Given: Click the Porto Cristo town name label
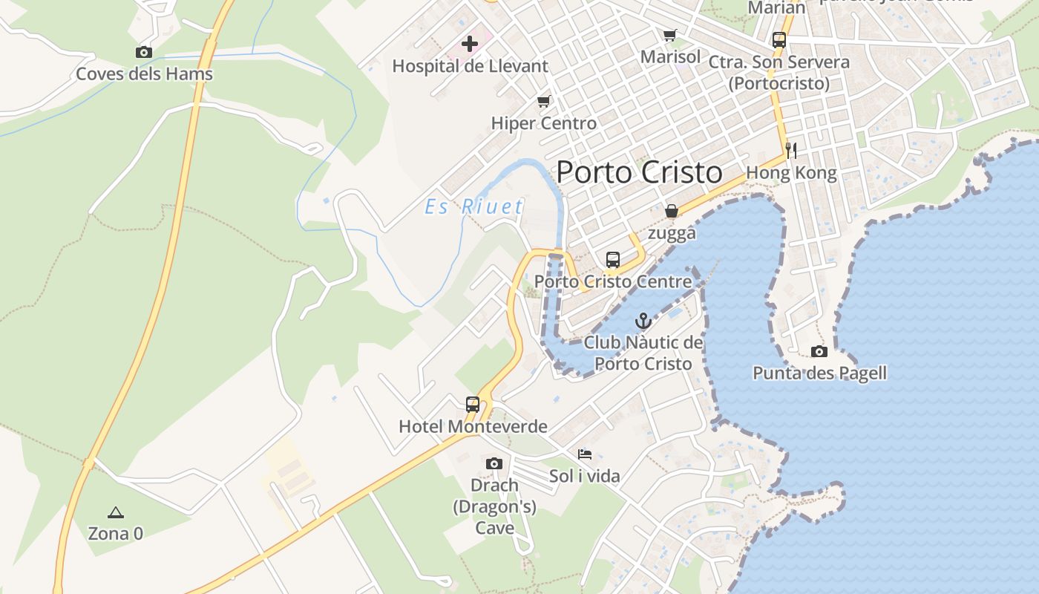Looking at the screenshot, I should pyautogui.click(x=639, y=172).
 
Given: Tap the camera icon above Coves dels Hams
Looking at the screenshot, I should pyautogui.click(x=144, y=52).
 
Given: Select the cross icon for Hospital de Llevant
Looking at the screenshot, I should pyautogui.click(x=470, y=44).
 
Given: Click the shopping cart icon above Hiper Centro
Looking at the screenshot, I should pyautogui.click(x=544, y=102).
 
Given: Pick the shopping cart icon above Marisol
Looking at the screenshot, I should pyautogui.click(x=670, y=35).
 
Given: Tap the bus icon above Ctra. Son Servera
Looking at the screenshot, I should pyautogui.click(x=779, y=40).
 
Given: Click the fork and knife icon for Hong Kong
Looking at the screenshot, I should pyautogui.click(x=791, y=151).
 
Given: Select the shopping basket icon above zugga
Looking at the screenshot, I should pyautogui.click(x=672, y=211).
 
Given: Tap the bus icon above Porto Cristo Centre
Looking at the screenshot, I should pyautogui.click(x=613, y=260).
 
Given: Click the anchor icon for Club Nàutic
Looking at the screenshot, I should pyautogui.click(x=643, y=321).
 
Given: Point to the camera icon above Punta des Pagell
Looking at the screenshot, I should pyautogui.click(x=819, y=351).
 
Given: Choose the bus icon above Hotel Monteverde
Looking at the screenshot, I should pyautogui.click(x=473, y=405).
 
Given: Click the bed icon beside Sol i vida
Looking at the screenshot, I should pyautogui.click(x=585, y=454).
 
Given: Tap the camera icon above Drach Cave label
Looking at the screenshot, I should pyautogui.click(x=494, y=464).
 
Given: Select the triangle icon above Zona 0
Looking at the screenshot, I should pyautogui.click(x=115, y=512).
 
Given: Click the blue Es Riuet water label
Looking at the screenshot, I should pyautogui.click(x=474, y=206).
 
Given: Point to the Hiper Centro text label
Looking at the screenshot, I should pyautogui.click(x=544, y=123).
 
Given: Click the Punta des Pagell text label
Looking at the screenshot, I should pyautogui.click(x=820, y=373).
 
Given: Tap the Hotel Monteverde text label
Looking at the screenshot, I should pyautogui.click(x=473, y=426).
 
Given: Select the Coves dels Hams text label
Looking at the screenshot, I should pyautogui.click(x=145, y=74).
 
